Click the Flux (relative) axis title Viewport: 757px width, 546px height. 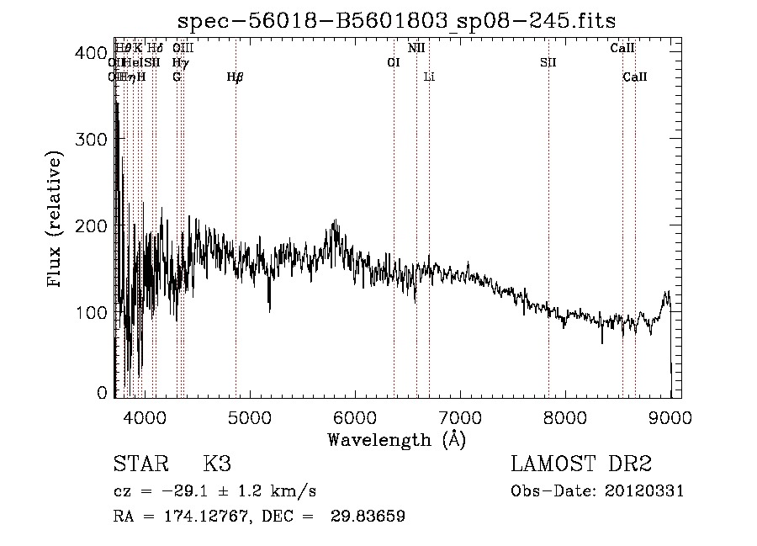(57, 220)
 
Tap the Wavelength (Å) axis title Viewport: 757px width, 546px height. (396, 440)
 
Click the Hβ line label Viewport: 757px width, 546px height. (236, 77)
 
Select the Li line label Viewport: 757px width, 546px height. (429, 77)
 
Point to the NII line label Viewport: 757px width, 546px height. (416, 48)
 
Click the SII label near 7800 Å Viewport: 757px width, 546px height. (548, 62)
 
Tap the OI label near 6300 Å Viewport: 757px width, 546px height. (393, 62)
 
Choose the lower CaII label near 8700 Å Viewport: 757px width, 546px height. (635, 77)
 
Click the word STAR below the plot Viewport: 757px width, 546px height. (136, 464)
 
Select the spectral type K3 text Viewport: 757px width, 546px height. (217, 464)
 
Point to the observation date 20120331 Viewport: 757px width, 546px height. (646, 491)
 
